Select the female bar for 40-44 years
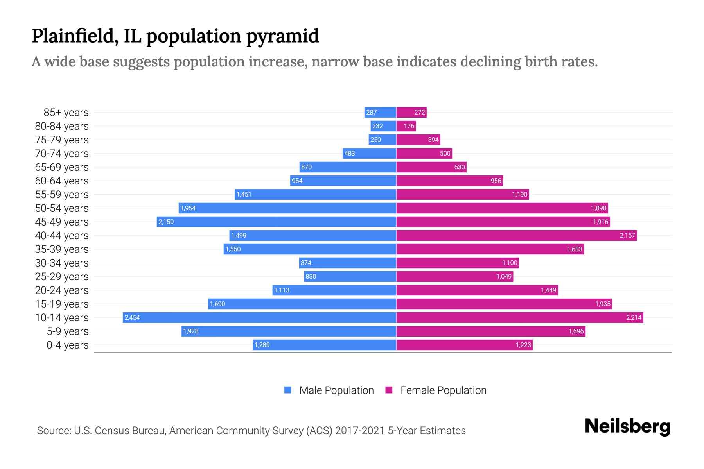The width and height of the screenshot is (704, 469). tap(516, 235)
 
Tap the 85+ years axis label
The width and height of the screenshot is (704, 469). tap(66, 113)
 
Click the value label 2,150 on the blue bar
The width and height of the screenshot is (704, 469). tap(166, 222)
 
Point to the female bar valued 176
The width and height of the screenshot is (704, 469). tap(406, 126)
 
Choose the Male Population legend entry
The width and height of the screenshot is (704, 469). tap(336, 390)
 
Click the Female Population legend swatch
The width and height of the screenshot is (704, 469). tap(389, 390)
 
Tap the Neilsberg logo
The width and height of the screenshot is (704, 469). tap(627, 426)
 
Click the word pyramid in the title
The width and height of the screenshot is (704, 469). tap(282, 36)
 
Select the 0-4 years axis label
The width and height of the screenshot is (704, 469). tap(67, 345)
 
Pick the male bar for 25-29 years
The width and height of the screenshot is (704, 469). tap(350, 276)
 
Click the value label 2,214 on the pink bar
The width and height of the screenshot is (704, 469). tap(634, 317)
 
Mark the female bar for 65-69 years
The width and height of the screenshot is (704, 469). tap(431, 167)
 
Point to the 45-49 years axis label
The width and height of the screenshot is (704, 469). tap(62, 222)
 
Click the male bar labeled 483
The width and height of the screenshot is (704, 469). tap(369, 153)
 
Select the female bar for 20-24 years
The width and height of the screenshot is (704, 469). tap(477, 290)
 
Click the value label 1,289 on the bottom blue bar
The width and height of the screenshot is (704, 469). tap(262, 345)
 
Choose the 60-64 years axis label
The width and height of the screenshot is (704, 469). tap(62, 181)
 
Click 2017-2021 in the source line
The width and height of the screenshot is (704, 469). tap(360, 431)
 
